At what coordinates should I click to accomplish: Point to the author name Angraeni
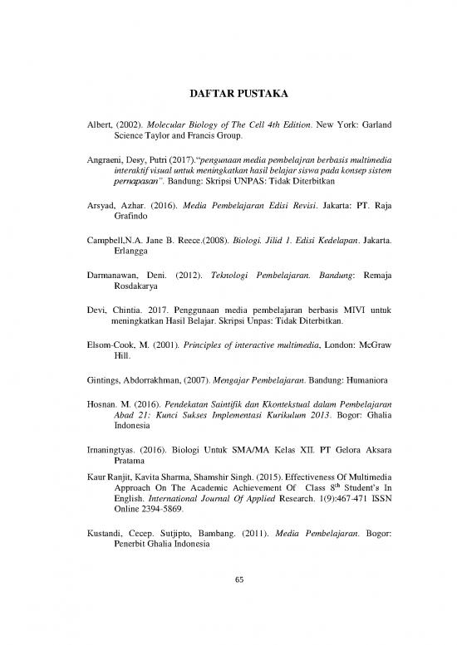[81, 155]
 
